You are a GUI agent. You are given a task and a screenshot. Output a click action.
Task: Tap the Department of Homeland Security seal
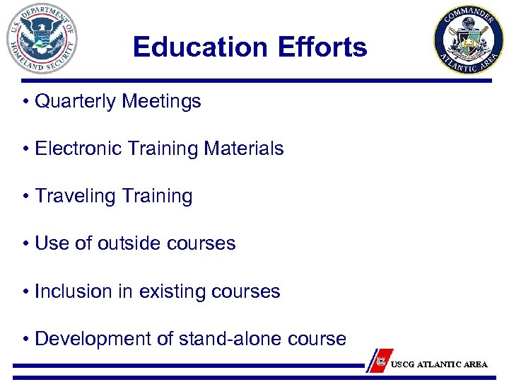(x=42, y=39)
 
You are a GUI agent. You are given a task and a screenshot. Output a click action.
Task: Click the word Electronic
(x=74, y=149)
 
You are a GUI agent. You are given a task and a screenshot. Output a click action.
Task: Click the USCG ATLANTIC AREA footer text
(x=438, y=364)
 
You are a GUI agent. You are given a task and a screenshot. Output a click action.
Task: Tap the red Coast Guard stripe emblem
(x=380, y=360)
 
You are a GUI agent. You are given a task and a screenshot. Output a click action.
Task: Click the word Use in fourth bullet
(x=50, y=244)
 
